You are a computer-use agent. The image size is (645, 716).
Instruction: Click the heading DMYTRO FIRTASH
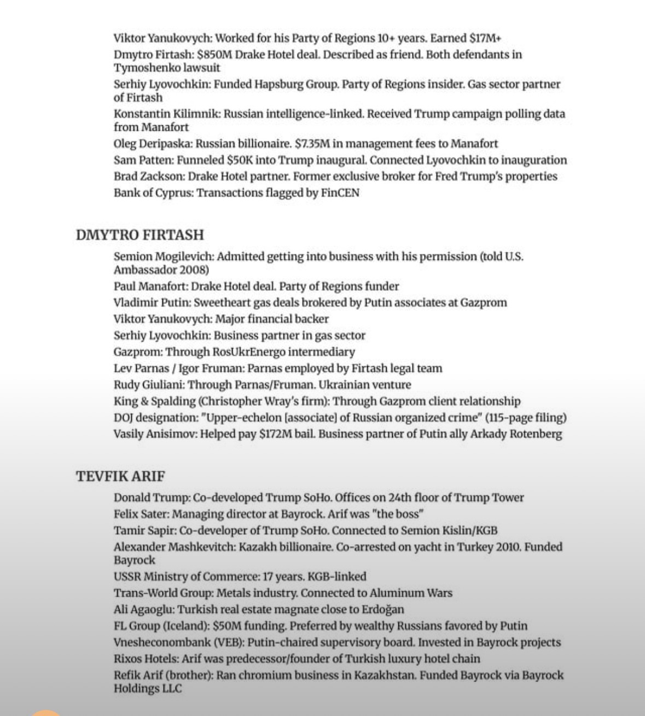click(x=140, y=235)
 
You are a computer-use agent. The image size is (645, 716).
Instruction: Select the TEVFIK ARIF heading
click(x=120, y=476)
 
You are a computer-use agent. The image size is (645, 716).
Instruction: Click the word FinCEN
click(x=340, y=193)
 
